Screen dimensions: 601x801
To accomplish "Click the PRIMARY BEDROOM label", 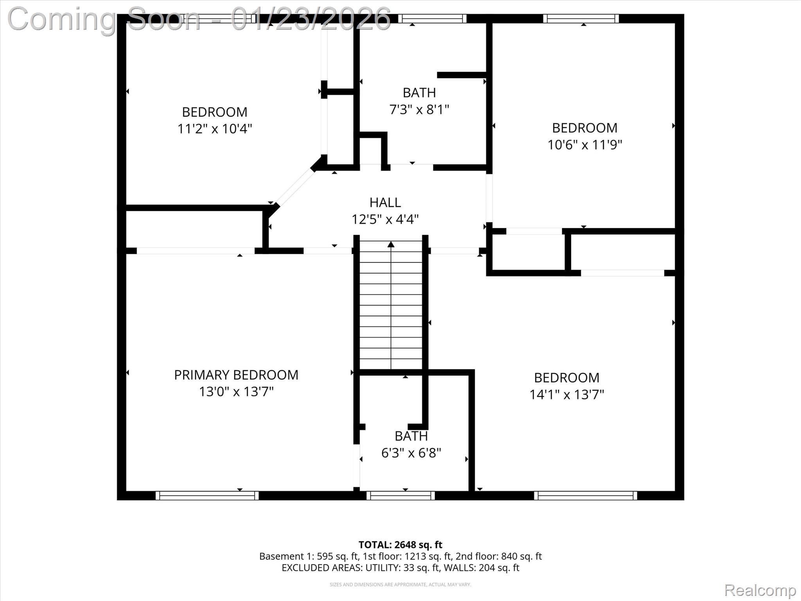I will coord(236,375).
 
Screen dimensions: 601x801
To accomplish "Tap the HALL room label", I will coord(385,202).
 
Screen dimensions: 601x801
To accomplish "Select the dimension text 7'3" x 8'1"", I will coord(419,110).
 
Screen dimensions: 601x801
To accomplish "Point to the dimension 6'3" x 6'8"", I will coord(411,453).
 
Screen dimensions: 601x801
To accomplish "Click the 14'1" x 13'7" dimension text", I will coord(566,394).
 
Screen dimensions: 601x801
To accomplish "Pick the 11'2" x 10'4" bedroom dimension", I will coord(214,129).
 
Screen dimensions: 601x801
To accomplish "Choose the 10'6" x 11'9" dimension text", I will coord(584,145).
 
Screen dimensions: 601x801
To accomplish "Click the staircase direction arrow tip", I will coord(391,244).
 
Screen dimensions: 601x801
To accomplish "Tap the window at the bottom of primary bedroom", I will coord(207,496).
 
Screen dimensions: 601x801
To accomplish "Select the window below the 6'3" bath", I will coord(400,496).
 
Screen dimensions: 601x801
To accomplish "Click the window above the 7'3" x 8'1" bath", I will coord(432,18).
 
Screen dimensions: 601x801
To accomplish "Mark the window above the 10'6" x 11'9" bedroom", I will coord(581,18).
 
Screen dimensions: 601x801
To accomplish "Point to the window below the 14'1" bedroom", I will coord(585,496).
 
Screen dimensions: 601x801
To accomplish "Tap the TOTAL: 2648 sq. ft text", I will coord(400,545).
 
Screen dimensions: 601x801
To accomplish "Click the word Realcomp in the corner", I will coord(760,590).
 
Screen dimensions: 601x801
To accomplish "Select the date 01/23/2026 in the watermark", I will coord(311,19).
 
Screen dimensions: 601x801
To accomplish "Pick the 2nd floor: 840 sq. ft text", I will coord(499,556).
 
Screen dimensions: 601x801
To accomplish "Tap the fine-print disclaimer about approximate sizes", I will coord(400,585).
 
